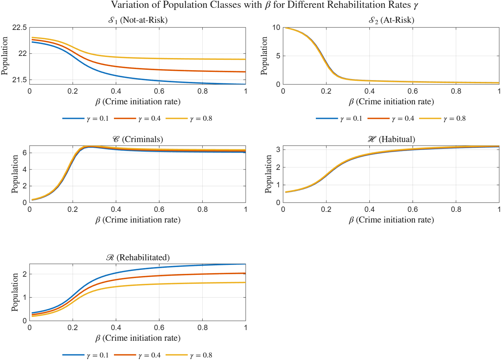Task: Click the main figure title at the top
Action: pos(264,5)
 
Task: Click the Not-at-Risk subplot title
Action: pos(138,20)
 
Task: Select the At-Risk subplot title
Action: pos(391,20)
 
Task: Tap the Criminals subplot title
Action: pos(138,139)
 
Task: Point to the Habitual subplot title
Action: pos(391,139)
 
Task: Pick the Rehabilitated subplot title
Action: pos(138,257)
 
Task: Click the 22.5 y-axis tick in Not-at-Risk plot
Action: pos(20,28)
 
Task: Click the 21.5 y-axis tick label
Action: pos(20,80)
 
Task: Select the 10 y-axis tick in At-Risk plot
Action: pos(276,28)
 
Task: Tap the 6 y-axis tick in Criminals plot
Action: pos(25,153)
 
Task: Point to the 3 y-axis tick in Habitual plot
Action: pos(278,150)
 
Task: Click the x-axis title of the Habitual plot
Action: pos(391,220)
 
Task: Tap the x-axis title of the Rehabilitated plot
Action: pos(138,338)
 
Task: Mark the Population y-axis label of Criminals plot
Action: pos(15,174)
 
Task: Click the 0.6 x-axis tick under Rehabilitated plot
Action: pos(159,328)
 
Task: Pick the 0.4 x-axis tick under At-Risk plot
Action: pos(369,91)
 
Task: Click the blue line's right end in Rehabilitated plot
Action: pos(245,264)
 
